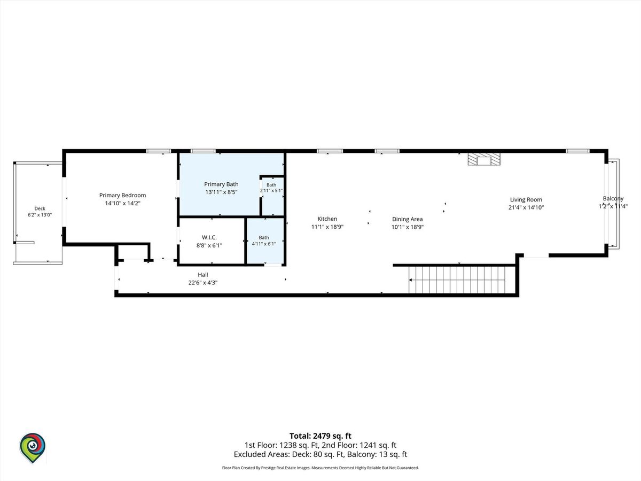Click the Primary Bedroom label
click(x=122, y=195)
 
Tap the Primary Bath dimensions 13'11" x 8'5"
click(x=221, y=192)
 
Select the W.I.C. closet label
click(x=209, y=237)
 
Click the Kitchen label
click(x=327, y=219)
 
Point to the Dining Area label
click(x=407, y=219)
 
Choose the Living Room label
click(x=526, y=200)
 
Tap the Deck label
click(x=40, y=208)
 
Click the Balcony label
click(x=613, y=199)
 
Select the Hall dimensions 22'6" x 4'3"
click(x=203, y=283)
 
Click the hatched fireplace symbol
click(x=483, y=159)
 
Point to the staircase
click(x=457, y=280)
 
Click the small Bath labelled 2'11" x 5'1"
click(x=271, y=188)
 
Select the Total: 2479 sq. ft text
click(x=320, y=436)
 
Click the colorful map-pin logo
click(x=33, y=448)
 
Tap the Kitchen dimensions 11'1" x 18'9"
click(x=327, y=227)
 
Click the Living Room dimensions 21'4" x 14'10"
click(x=526, y=208)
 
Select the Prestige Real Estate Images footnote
click(x=320, y=468)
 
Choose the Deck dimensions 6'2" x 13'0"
click(x=40, y=215)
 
